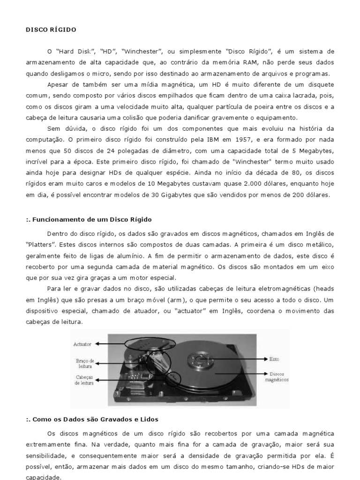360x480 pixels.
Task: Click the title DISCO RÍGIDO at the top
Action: (x=50, y=30)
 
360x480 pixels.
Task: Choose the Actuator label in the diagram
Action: (x=82, y=344)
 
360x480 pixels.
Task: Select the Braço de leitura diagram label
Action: (x=85, y=364)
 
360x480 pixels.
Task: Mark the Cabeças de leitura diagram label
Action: (x=84, y=380)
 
